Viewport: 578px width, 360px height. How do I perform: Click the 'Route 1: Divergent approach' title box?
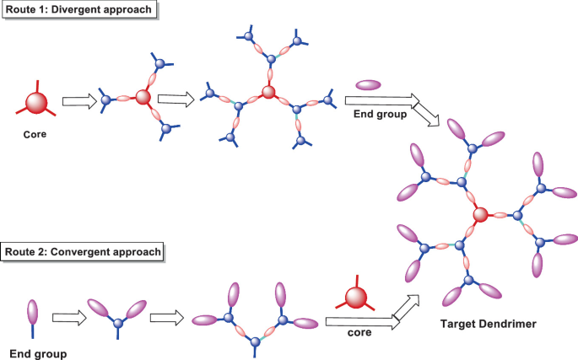point(79,9)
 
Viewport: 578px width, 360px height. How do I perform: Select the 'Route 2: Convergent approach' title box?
point(83,252)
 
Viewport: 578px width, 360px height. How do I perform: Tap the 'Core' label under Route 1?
point(35,135)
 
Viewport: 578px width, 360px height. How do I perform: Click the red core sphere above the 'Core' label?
point(36,103)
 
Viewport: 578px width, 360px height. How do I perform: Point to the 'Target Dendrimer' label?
point(488,324)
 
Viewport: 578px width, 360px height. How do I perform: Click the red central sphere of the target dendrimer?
point(480,214)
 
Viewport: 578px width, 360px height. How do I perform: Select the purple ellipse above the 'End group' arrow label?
point(368,85)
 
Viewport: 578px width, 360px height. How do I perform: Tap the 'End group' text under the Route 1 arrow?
point(380,114)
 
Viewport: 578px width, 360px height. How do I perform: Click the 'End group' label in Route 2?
point(38,354)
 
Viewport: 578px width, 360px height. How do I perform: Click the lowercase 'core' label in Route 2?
point(359,332)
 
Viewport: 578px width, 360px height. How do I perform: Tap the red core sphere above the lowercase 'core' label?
point(356,298)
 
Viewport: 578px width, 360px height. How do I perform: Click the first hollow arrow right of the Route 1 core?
point(79,101)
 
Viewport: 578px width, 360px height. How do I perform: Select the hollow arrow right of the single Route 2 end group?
point(69,318)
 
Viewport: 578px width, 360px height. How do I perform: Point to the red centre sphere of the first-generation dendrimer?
point(143,97)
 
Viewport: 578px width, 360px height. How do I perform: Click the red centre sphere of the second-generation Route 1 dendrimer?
point(268,91)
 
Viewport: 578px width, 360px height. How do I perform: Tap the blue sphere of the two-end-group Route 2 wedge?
point(118,323)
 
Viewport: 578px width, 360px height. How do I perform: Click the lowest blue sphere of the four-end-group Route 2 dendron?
point(255,342)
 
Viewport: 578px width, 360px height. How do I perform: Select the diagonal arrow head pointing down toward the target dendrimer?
point(428,116)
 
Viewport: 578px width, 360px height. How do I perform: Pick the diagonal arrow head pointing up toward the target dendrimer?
point(408,307)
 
